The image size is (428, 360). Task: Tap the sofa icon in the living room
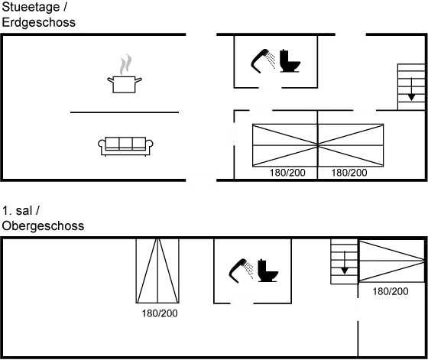[125, 146]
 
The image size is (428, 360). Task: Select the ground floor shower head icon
[263, 61]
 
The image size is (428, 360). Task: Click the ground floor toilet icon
[290, 60]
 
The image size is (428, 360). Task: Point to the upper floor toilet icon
[267, 271]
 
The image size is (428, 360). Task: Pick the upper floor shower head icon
[241, 271]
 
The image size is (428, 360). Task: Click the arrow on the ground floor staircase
[411, 89]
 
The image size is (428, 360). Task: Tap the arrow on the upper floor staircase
[345, 262]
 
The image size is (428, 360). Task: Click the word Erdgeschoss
[38, 23]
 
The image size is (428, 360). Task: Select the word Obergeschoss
[43, 226]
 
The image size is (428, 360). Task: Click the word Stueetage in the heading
[31, 7]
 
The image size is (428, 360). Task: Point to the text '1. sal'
[17, 211]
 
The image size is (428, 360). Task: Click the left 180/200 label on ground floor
[287, 173]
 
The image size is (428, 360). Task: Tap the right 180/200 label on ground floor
[349, 173]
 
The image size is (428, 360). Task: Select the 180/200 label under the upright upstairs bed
[160, 313]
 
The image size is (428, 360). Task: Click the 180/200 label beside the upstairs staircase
[391, 291]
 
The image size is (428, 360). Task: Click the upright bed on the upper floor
[157, 271]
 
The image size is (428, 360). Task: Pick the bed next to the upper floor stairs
[391, 261]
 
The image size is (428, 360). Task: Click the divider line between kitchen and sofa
[125, 112]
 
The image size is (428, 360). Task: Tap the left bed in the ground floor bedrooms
[285, 145]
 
